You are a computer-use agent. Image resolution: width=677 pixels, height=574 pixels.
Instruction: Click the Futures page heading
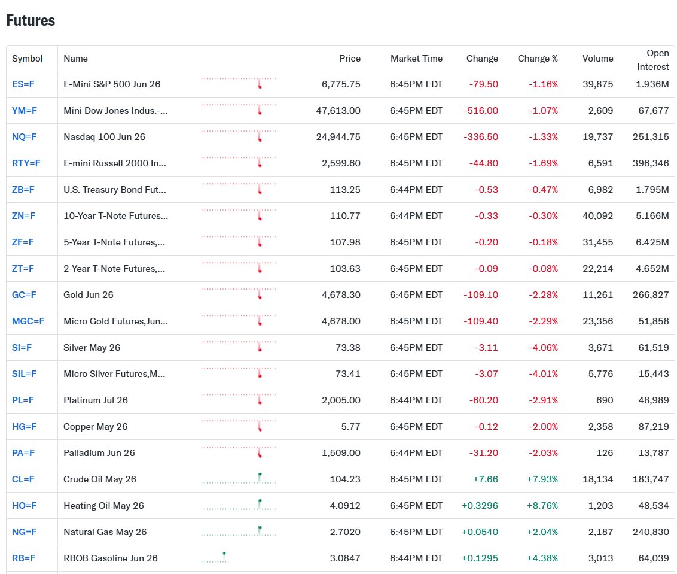(x=31, y=20)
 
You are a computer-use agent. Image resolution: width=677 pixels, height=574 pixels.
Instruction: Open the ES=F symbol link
(x=23, y=84)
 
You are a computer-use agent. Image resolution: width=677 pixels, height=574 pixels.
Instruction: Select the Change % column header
(x=538, y=59)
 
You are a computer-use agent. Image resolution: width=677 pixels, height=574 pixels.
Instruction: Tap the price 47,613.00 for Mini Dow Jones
(x=338, y=111)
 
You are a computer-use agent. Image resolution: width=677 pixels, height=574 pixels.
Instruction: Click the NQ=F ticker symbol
(x=24, y=137)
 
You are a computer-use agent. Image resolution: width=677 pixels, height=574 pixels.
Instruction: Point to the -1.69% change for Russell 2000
(x=543, y=163)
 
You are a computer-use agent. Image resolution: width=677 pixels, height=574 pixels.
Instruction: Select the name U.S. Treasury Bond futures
(x=115, y=190)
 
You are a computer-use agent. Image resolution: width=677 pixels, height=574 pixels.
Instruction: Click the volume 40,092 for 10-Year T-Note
(x=597, y=216)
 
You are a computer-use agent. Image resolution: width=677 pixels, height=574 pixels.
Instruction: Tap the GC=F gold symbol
(x=24, y=295)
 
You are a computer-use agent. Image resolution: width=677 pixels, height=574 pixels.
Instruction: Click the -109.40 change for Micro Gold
(x=481, y=321)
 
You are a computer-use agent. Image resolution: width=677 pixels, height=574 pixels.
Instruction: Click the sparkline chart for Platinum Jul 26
(x=239, y=399)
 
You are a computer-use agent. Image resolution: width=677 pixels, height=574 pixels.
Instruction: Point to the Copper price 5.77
(x=349, y=427)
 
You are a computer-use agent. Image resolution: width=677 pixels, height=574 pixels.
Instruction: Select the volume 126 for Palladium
(x=605, y=453)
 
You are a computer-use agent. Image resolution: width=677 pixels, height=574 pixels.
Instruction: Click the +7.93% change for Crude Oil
(x=542, y=479)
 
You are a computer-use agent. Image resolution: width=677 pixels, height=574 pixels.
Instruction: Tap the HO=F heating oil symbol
(x=24, y=506)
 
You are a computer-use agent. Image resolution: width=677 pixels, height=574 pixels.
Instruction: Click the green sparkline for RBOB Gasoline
(x=215, y=558)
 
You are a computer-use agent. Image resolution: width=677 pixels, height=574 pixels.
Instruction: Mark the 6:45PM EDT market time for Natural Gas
(x=416, y=532)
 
